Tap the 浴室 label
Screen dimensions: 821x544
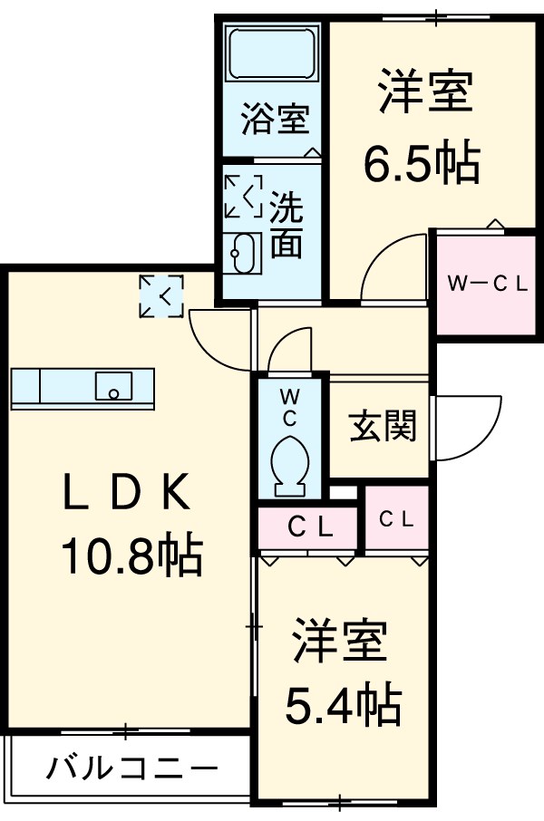(275, 120)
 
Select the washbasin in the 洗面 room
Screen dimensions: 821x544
(243, 254)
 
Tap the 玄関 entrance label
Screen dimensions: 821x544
(383, 425)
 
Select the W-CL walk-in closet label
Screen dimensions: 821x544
(488, 284)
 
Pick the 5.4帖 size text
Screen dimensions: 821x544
(345, 700)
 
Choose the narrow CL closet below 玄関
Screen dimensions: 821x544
(396, 520)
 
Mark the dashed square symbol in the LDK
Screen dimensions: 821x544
(161, 296)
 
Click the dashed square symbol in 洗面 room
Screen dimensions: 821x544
(243, 196)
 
